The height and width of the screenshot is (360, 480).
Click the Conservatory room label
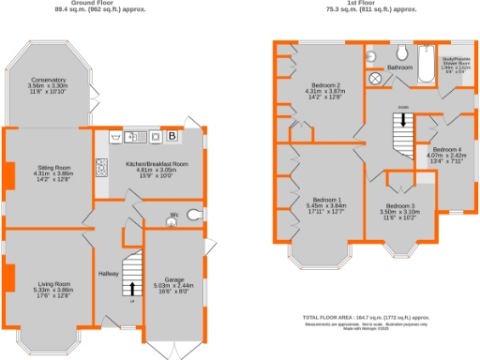coord(49,83)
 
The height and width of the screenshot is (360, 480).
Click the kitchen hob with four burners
coord(100,170)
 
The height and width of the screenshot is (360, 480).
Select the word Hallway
coord(109,273)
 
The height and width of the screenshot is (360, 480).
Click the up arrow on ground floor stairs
coord(132,288)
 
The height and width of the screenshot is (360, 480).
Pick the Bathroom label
coord(400,68)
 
